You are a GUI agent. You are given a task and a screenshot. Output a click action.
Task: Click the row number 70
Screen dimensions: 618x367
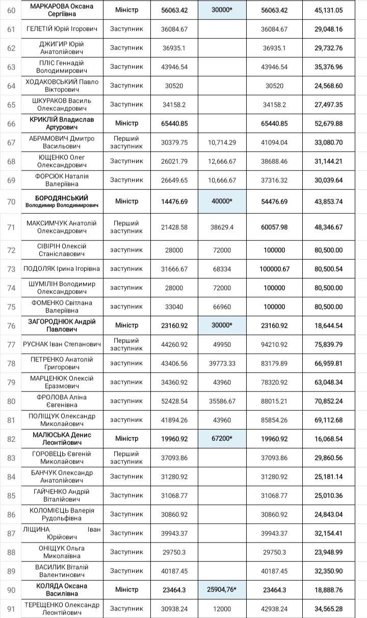[x=11, y=202]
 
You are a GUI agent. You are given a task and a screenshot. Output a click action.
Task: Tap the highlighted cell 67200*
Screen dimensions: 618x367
[x=222, y=438]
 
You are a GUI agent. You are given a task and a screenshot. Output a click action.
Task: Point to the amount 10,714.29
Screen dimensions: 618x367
[x=222, y=142]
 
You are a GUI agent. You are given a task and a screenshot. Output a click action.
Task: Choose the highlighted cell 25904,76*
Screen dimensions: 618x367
[x=222, y=589]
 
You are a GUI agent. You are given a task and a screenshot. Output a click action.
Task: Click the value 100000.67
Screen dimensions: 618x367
[x=274, y=269]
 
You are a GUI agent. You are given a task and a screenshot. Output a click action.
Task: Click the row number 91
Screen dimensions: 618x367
[x=11, y=608]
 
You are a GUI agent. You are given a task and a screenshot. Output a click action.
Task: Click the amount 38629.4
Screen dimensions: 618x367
[x=222, y=227]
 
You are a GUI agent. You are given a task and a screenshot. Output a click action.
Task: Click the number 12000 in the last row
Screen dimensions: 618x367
[x=222, y=608]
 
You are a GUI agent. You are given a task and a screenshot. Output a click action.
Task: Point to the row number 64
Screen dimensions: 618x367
[x=11, y=86]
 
